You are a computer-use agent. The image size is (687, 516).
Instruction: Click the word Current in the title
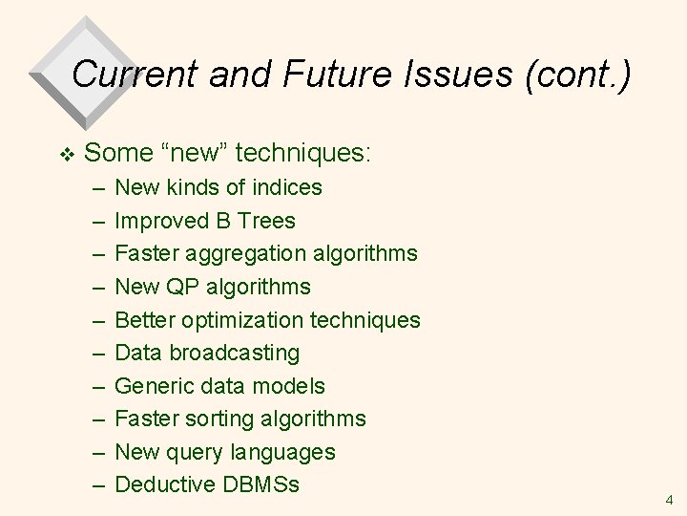click(132, 75)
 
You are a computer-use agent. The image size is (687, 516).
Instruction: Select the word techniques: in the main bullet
click(303, 152)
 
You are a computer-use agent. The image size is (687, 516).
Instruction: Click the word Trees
click(267, 221)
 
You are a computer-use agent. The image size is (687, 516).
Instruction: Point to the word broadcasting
click(236, 353)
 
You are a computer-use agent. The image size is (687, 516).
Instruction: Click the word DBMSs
click(260, 484)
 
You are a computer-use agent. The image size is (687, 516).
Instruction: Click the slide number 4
click(669, 499)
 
